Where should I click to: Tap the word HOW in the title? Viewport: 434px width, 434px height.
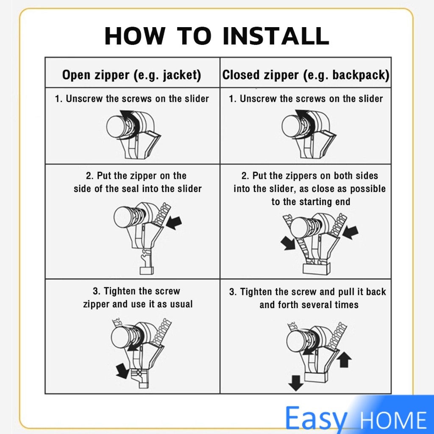[x=135, y=36]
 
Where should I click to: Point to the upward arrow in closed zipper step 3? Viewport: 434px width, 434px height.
[x=344, y=359]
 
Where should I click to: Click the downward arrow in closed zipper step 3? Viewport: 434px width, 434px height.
[x=295, y=383]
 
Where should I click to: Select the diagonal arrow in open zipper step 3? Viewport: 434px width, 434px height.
[x=122, y=371]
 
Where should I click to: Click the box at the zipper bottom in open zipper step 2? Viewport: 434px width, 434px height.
[x=147, y=270]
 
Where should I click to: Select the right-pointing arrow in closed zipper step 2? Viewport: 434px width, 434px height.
[x=288, y=243]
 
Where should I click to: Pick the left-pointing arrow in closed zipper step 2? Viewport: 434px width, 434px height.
[x=351, y=232]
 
